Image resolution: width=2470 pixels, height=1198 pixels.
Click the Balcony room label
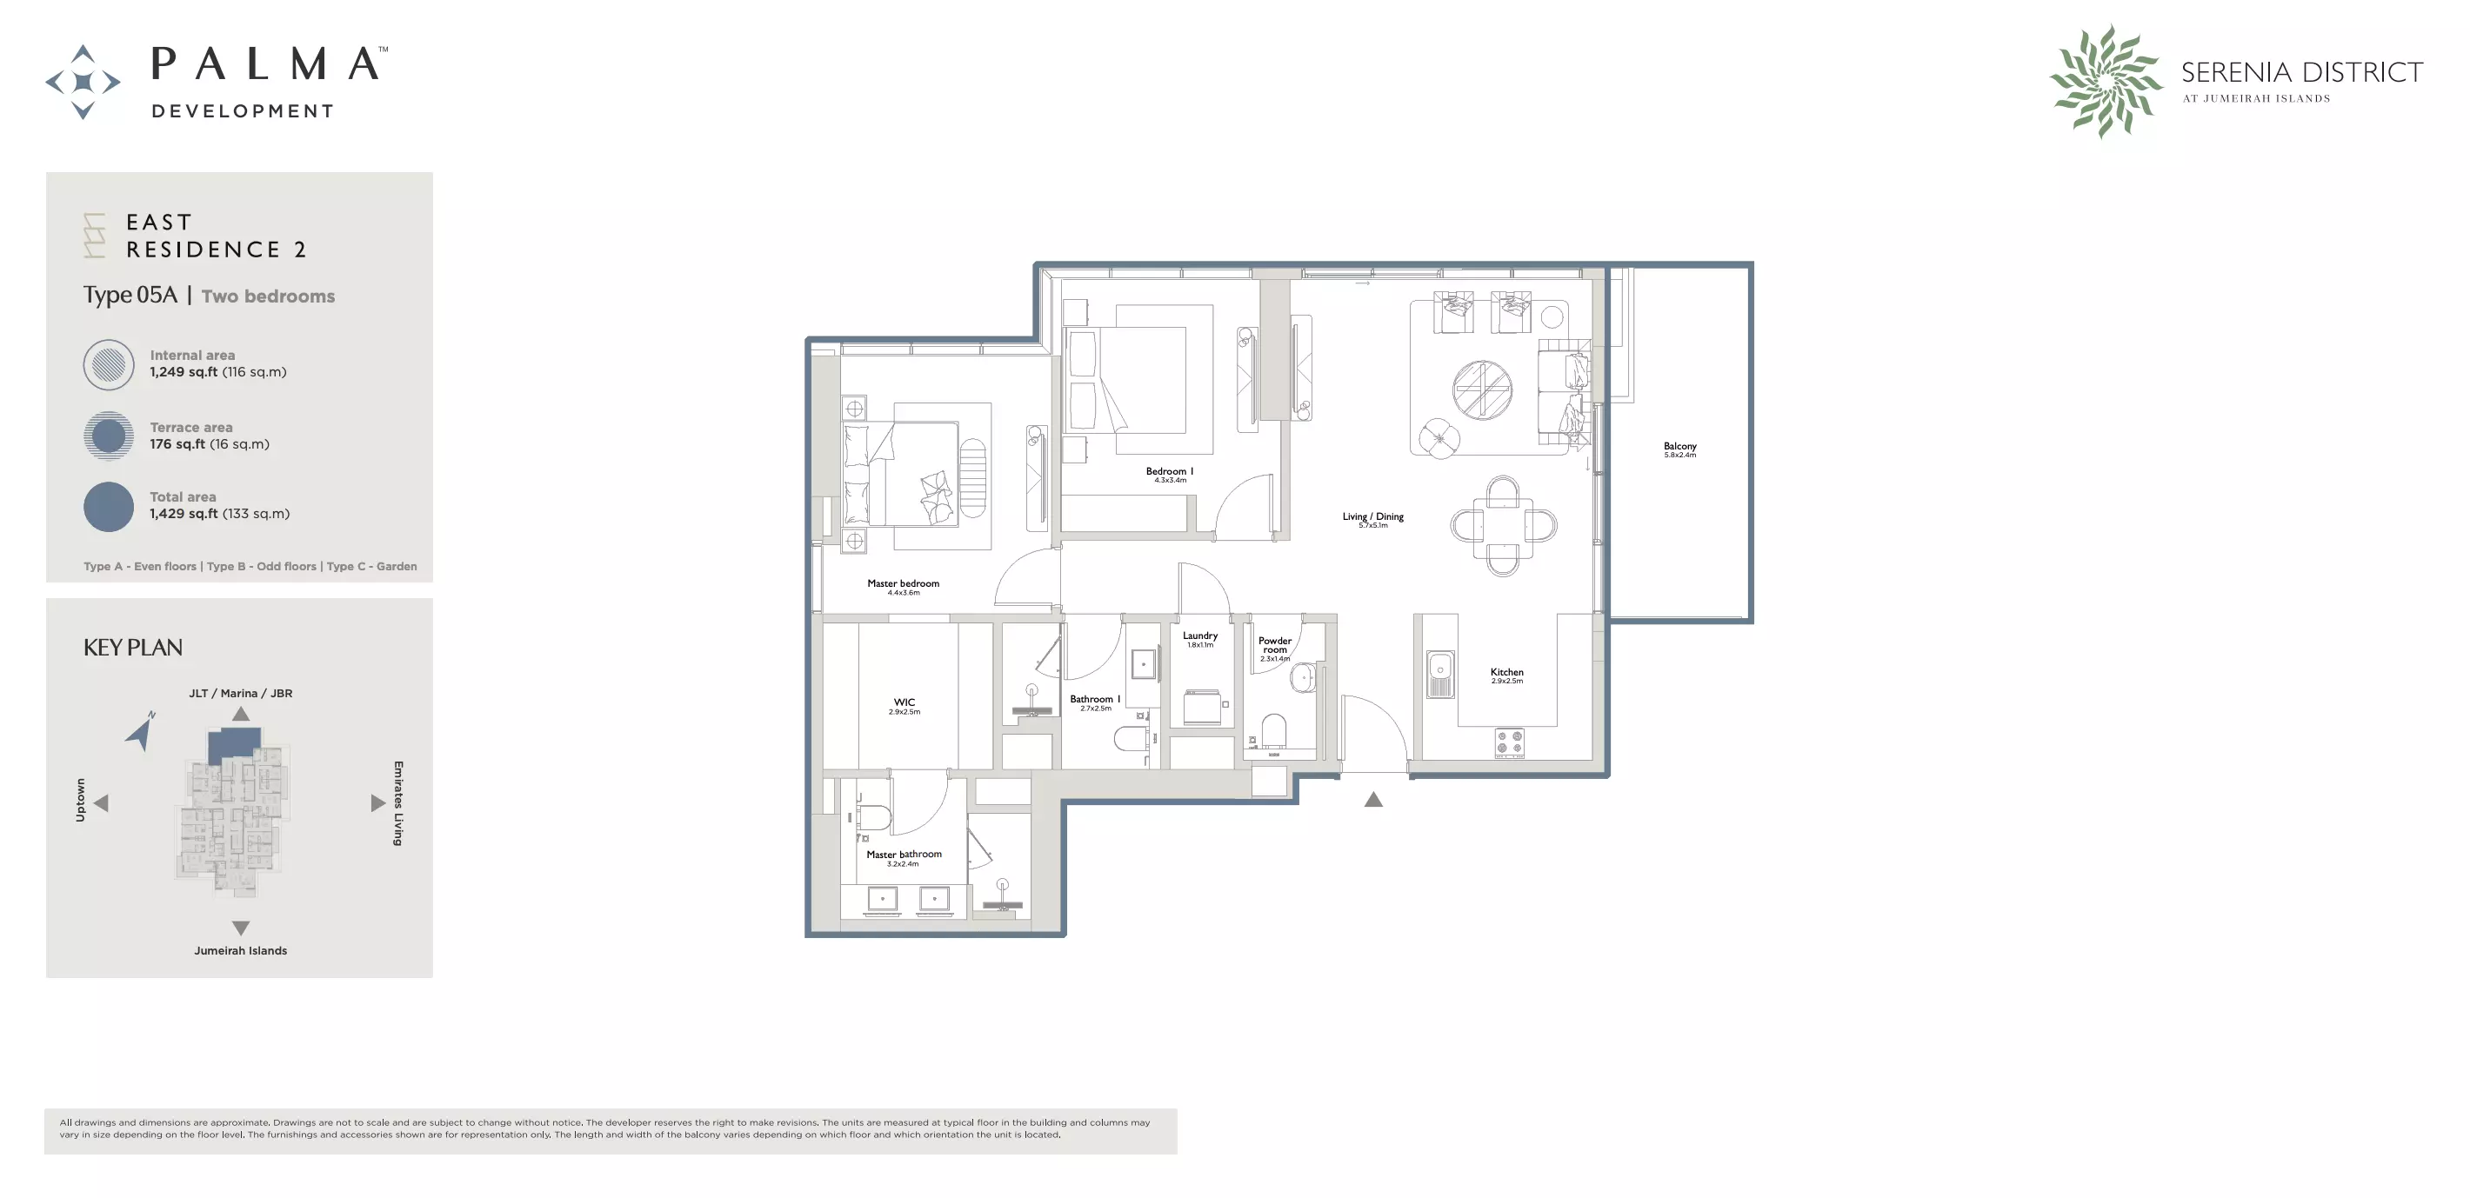click(x=1679, y=447)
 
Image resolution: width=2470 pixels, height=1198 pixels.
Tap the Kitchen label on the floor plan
click(x=1506, y=673)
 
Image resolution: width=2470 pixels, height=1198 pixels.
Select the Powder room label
click(x=1274, y=645)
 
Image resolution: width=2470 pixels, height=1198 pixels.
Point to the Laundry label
click(x=1199, y=636)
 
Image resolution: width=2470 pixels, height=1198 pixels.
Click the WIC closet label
click(x=904, y=702)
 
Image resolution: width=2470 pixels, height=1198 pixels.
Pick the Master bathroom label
click(x=904, y=855)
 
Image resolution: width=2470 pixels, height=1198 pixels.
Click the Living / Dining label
click(x=1372, y=517)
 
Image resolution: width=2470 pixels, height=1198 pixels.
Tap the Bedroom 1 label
click(x=1169, y=471)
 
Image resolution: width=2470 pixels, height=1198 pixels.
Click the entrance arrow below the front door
click(x=1373, y=799)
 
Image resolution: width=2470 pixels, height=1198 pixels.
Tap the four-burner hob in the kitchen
click(x=1509, y=742)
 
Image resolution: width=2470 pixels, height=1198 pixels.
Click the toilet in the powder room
click(x=1273, y=731)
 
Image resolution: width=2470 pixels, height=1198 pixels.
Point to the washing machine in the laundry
click(x=1201, y=708)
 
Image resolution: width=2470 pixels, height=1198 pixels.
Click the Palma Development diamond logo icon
click(x=83, y=82)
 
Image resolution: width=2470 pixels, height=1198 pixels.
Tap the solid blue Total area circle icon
click(x=109, y=507)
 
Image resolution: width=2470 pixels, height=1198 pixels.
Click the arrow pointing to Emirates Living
click(x=377, y=803)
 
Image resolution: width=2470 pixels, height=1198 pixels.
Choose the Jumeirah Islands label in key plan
click(x=241, y=951)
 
